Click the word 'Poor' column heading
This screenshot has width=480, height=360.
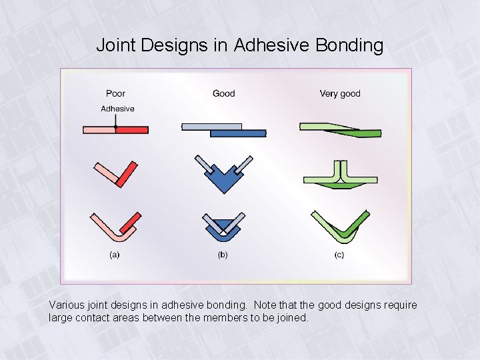(x=115, y=93)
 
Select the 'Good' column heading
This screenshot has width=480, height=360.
(x=223, y=93)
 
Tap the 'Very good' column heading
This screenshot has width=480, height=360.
(x=339, y=93)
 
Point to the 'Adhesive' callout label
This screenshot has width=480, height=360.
(x=117, y=109)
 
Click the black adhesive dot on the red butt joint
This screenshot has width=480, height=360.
(x=115, y=126)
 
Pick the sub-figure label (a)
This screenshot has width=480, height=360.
(x=115, y=255)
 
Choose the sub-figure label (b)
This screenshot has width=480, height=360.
(x=223, y=255)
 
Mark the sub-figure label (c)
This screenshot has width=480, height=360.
(x=339, y=255)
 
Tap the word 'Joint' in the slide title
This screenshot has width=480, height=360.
(x=117, y=45)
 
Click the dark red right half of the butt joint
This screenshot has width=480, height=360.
(x=132, y=129)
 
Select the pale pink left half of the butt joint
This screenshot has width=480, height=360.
(x=99, y=129)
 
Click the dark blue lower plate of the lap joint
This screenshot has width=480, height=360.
(x=237, y=133)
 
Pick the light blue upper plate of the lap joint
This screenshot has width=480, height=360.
(x=211, y=126)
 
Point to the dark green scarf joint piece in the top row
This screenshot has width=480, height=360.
(x=360, y=133)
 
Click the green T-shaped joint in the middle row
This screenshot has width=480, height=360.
(x=341, y=177)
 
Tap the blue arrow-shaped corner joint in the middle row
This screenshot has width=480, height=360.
(x=223, y=179)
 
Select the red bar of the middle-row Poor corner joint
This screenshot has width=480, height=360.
(x=127, y=173)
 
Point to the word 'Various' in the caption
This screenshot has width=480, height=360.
(x=68, y=305)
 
